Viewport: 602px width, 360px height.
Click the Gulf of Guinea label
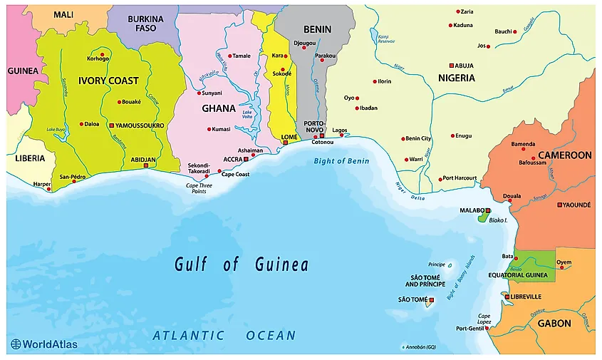point(242,265)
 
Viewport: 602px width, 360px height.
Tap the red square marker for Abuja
point(451,65)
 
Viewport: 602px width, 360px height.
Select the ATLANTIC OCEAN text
point(224,335)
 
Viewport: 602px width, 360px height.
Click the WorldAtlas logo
point(44,344)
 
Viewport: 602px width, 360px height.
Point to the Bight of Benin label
point(341,161)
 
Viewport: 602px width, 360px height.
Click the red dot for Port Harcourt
point(440,178)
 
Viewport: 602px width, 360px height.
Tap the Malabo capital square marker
point(488,211)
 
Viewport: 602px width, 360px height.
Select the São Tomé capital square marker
point(431,299)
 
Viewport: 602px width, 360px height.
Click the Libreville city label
point(526,297)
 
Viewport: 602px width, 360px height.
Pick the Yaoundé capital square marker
point(559,205)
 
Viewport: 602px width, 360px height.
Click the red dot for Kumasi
point(209,129)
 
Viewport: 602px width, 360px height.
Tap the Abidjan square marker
point(146,165)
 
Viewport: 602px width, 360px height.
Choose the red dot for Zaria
point(458,11)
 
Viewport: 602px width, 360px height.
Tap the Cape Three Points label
point(200,188)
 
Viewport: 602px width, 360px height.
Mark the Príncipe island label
point(437,264)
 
